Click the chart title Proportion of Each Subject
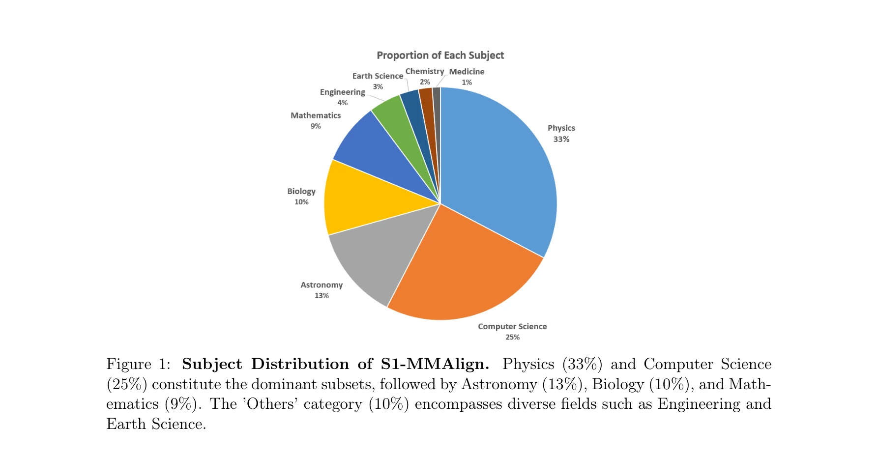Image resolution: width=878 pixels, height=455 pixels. tap(440, 56)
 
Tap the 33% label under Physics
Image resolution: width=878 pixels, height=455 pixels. tap(561, 139)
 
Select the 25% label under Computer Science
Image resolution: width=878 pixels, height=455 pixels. tap(512, 337)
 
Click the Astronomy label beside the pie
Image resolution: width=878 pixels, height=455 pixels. tap(322, 285)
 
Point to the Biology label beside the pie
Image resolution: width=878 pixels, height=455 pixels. tap(301, 191)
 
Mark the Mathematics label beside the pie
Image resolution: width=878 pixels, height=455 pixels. tap(316, 115)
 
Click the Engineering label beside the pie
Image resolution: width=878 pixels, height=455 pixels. tap(342, 92)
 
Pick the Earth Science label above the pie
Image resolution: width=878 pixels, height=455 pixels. tap(378, 76)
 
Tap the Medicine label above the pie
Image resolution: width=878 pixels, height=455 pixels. tap(467, 72)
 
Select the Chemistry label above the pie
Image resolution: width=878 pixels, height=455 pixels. tap(424, 71)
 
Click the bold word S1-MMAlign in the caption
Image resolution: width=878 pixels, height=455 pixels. tap(435, 364)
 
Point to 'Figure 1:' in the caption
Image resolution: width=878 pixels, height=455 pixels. tap(138, 364)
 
